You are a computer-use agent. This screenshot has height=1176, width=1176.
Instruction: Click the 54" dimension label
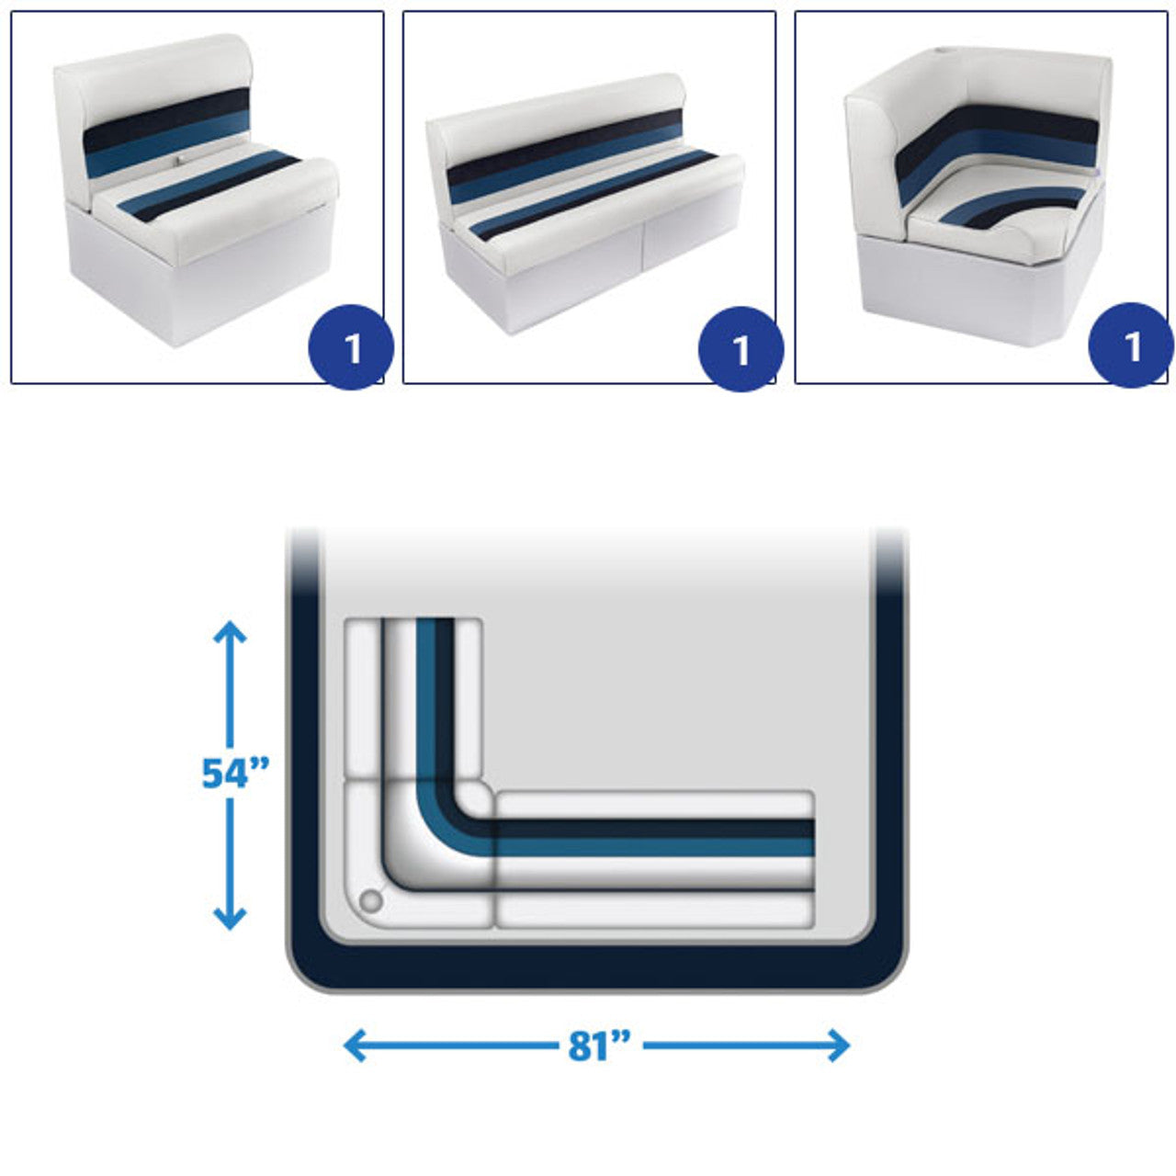235,773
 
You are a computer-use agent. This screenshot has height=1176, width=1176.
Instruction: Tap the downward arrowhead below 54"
230,919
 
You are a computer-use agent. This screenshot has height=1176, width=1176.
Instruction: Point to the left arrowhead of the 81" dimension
355,1046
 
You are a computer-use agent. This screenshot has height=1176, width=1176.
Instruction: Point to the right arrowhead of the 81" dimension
839,1046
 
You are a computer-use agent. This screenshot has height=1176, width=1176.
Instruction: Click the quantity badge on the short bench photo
351,347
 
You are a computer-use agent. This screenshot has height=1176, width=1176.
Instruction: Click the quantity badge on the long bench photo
741,348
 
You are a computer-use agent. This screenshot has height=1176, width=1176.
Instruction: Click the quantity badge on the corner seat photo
1131,345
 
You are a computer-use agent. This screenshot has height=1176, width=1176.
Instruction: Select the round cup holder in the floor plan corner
371,900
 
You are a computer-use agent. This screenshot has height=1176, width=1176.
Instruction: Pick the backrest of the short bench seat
153,116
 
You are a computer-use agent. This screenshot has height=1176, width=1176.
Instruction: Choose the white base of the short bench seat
201,275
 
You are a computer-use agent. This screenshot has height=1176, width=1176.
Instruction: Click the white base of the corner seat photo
977,287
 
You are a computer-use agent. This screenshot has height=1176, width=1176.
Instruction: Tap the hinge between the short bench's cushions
179,161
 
